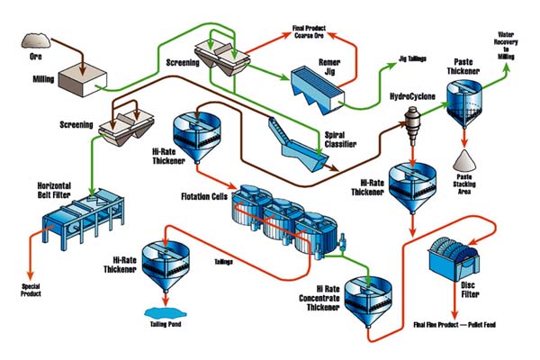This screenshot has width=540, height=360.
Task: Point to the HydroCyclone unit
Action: tap(416, 121)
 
